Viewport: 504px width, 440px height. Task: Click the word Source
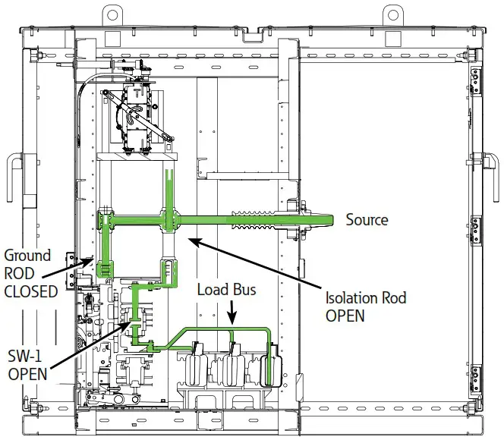coord(367,220)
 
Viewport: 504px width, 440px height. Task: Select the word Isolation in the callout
coord(351,298)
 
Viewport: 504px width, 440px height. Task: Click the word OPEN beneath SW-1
coord(27,374)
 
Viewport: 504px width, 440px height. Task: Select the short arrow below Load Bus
coord(231,311)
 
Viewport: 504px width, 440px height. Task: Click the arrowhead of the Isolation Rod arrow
coord(191,240)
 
